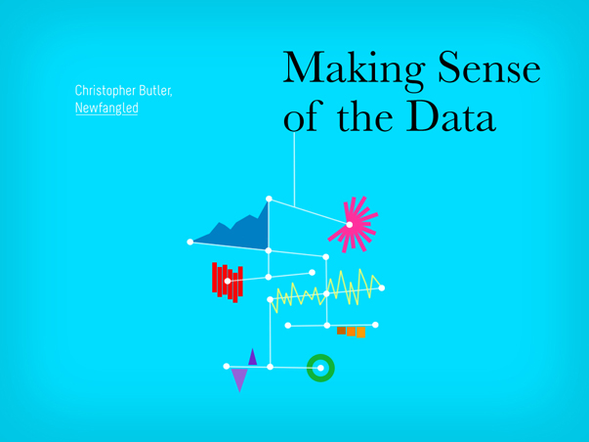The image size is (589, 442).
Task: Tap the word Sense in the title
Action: (489, 66)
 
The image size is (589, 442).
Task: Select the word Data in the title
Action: (450, 116)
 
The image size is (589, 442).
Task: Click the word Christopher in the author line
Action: (105, 91)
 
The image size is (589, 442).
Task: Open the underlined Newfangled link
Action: (106, 109)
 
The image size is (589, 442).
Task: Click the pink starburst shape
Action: (353, 224)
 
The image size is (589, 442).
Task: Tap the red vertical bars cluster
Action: (228, 283)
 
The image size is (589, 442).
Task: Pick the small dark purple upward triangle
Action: (252, 357)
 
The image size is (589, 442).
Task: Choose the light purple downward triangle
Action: (239, 378)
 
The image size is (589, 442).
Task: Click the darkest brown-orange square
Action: (341, 331)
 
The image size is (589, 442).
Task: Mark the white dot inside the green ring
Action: (320, 368)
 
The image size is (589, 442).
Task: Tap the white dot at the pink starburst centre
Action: (350, 225)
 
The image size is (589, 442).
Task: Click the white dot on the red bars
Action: (228, 281)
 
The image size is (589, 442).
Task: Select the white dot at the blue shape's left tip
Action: (190, 242)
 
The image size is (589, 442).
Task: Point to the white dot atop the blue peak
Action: (269, 199)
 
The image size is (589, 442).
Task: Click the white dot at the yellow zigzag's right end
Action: (382, 288)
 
